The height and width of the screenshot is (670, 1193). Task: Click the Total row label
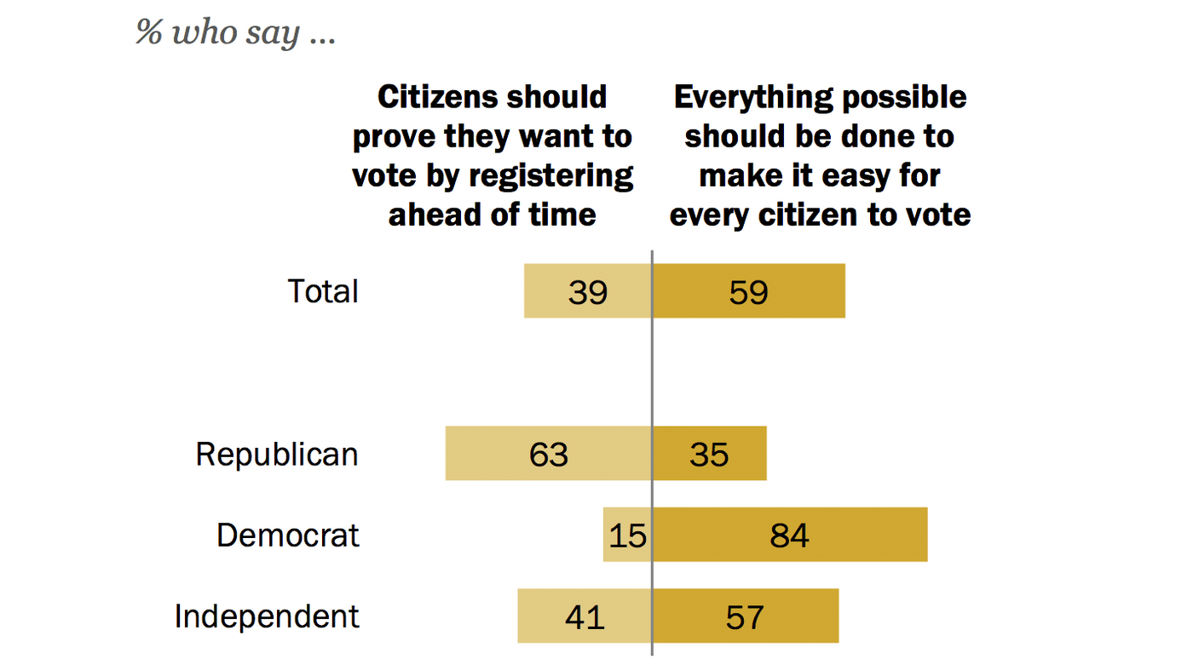tap(323, 292)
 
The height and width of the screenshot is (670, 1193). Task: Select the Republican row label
tap(277, 455)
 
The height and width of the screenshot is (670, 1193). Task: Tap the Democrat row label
tap(288, 535)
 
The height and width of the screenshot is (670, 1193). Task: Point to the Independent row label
tap(267, 616)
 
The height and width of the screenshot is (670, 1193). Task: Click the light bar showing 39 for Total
tap(587, 291)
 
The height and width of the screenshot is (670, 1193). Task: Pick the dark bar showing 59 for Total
tap(749, 291)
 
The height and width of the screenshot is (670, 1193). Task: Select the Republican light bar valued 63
tap(548, 454)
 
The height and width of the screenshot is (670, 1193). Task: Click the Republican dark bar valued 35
tap(709, 454)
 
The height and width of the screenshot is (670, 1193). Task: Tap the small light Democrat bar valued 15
tap(627, 535)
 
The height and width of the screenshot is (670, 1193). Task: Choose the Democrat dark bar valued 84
tap(789, 535)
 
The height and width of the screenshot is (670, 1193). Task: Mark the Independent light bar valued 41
tap(585, 616)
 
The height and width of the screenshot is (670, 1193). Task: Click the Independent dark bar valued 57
tap(746, 616)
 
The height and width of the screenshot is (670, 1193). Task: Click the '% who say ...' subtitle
tap(235, 33)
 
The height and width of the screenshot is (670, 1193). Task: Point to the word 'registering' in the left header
tap(560, 176)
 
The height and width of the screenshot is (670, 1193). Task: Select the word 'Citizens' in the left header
tap(433, 98)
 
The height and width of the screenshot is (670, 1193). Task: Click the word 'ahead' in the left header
tap(435, 215)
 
